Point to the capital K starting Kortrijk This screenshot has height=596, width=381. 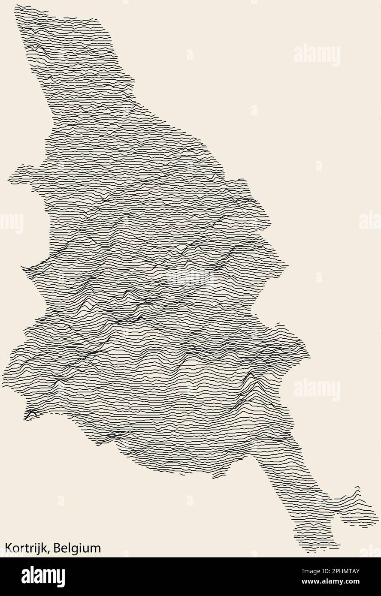click(x=8, y=548)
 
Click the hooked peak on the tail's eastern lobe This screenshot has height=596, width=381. click(x=357, y=488)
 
